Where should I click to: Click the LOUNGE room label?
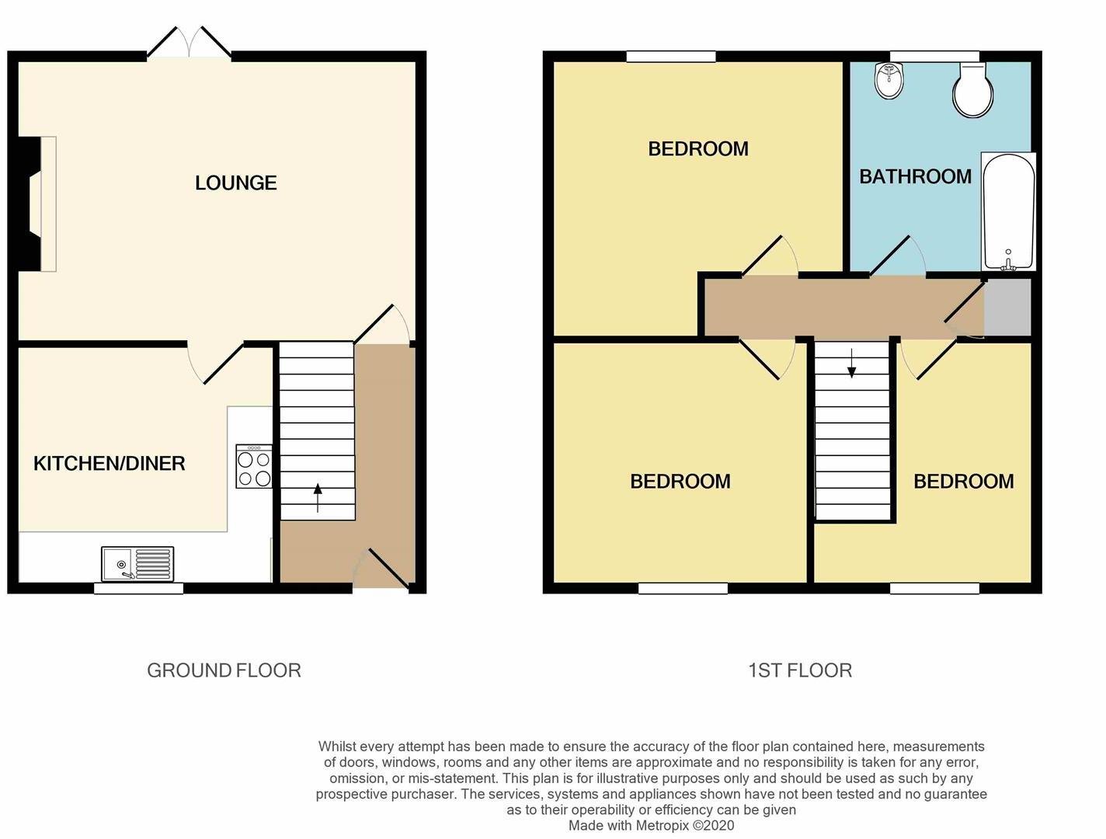(236, 183)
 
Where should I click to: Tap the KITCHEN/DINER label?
(110, 464)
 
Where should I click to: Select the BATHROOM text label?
(915, 176)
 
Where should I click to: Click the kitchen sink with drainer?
(137, 563)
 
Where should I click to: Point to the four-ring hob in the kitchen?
(254, 466)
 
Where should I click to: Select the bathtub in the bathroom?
(1007, 211)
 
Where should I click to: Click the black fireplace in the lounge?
(30, 204)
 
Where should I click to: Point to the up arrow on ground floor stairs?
(318, 498)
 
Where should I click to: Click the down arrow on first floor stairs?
(851, 363)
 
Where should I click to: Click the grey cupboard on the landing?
(1007, 307)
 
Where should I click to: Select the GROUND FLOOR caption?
(224, 670)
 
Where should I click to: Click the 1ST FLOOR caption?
(800, 670)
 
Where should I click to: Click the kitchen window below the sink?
(138, 588)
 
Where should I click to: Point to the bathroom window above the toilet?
(934, 56)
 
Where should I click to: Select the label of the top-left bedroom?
(698, 148)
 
